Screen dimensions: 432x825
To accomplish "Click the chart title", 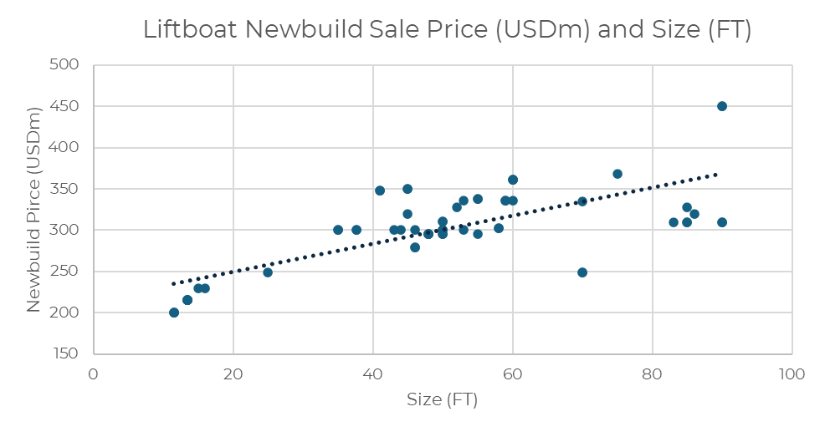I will [447, 30].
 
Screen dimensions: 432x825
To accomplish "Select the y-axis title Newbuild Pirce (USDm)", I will [33, 209].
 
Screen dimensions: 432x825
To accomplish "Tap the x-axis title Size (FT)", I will [442, 399].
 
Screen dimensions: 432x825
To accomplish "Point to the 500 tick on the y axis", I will [65, 65].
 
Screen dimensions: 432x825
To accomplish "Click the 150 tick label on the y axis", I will [65, 353].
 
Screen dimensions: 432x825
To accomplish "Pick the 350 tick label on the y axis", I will [65, 189].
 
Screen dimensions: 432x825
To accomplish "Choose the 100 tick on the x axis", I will [792, 374].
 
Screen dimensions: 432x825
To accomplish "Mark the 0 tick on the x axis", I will [94, 374].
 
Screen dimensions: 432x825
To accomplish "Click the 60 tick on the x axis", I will [512, 374].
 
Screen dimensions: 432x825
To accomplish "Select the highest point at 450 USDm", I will [722, 106].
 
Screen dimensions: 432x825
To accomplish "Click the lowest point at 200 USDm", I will [174, 313].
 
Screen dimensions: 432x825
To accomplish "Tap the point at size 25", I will [268, 272].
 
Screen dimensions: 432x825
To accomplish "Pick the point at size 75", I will [617, 174].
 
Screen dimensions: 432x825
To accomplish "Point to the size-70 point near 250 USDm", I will [582, 272].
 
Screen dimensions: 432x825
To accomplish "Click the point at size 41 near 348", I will [380, 191].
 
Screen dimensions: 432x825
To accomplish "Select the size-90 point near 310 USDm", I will [722, 222].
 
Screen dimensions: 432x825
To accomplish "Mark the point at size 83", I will [674, 222].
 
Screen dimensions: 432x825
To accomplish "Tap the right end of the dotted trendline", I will [716, 174].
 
